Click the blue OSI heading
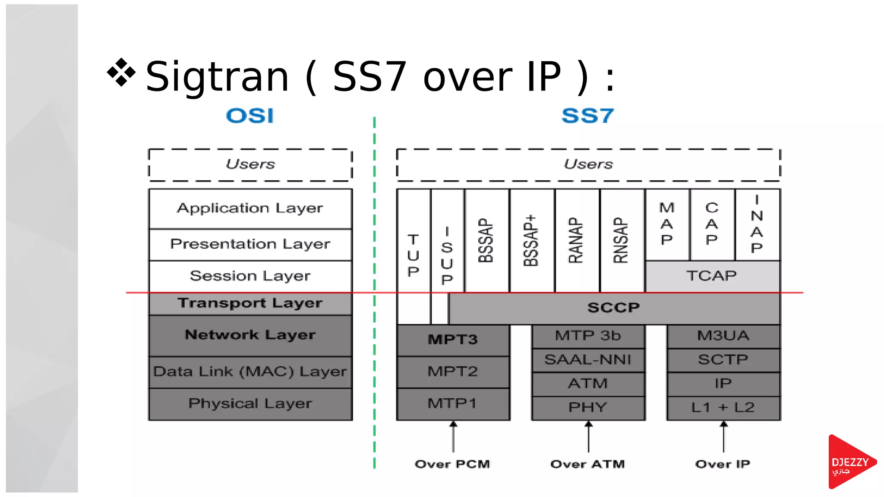250,116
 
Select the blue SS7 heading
587,116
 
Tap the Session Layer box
250,276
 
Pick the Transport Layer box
250,303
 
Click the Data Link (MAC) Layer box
250,371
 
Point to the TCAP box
712,276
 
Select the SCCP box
613,308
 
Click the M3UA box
723,336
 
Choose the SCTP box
723,360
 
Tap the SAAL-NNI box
588,360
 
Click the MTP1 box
452,404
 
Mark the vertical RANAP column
577,240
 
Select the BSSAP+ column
531,240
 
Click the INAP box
757,224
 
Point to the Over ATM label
588,464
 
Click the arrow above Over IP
724,437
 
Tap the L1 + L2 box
723,407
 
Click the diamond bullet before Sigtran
121,72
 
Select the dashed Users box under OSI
250,164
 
